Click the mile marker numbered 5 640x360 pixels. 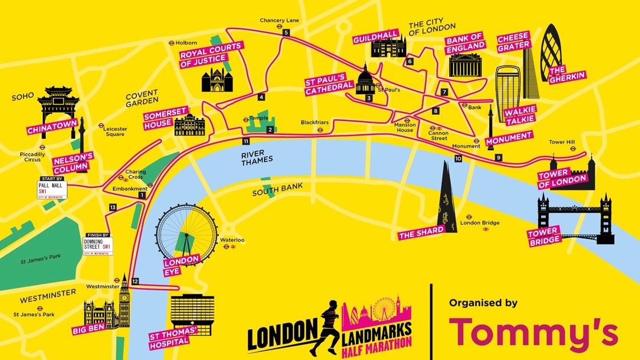[286, 33]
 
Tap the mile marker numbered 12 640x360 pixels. [135, 281]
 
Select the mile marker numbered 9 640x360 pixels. [498, 158]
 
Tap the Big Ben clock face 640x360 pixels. [124, 297]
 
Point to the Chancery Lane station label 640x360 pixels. [279, 21]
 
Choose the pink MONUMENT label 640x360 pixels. [509, 138]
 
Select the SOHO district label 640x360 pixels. [23, 96]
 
